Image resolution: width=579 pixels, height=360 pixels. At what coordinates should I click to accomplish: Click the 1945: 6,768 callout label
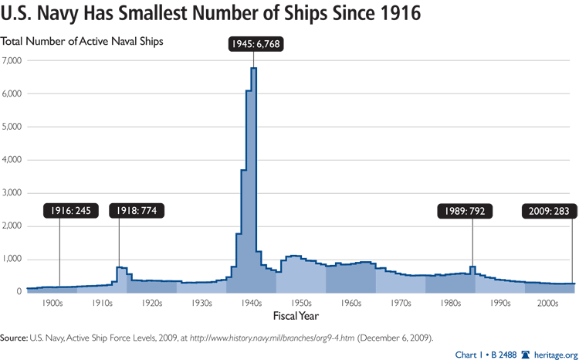[x=256, y=44]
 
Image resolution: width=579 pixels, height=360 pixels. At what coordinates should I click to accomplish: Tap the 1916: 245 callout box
[x=71, y=210]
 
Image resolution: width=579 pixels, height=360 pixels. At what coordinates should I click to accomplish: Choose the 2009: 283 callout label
[x=549, y=210]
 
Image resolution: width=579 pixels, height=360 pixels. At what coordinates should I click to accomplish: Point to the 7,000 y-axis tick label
[x=12, y=60]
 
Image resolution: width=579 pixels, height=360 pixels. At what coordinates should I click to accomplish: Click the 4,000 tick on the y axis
[x=12, y=160]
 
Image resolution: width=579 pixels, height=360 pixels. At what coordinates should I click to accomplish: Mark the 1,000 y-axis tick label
[x=12, y=259]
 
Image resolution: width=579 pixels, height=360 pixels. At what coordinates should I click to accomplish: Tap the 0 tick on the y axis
[x=19, y=292]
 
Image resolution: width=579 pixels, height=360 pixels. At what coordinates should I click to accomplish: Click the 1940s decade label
[x=251, y=304]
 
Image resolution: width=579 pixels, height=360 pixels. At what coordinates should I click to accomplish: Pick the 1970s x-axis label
[x=400, y=304]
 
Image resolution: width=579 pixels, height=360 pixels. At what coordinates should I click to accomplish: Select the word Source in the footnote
[x=14, y=338]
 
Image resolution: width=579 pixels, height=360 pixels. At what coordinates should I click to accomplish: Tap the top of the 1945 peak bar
[x=254, y=69]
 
